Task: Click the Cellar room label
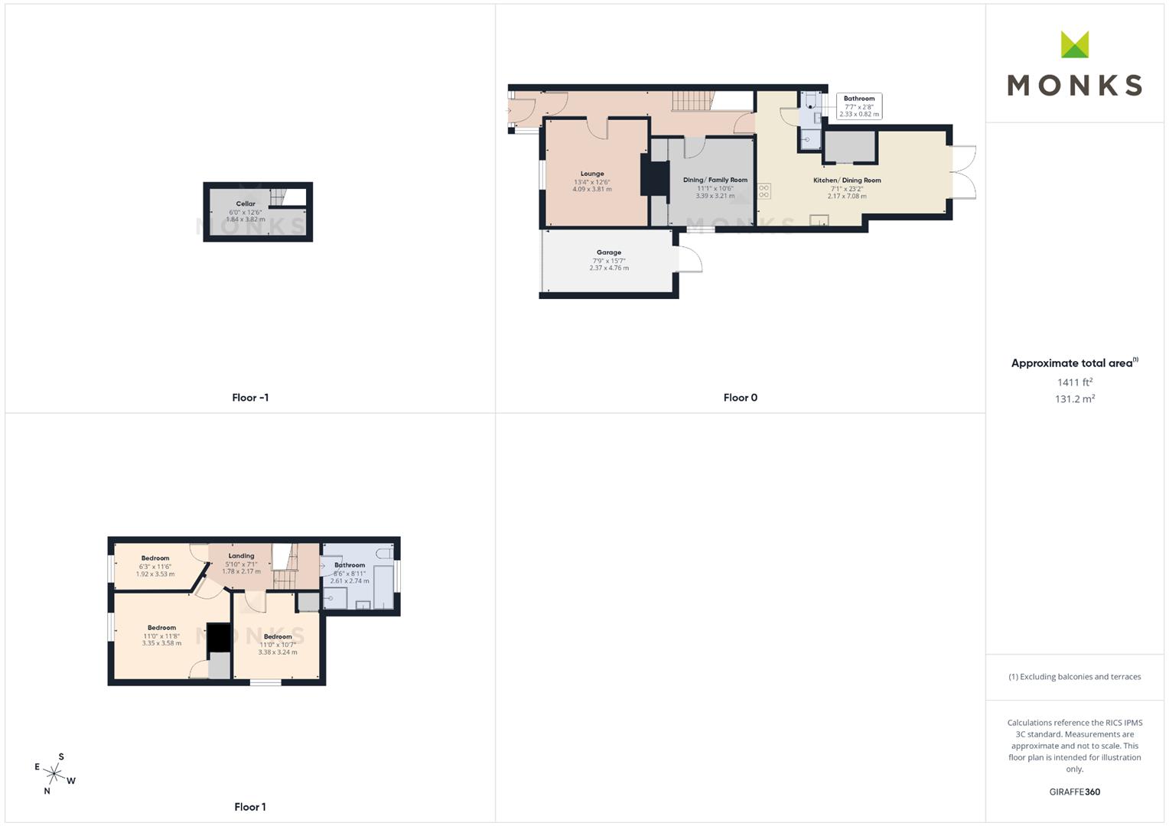click(246, 204)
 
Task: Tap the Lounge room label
click(592, 174)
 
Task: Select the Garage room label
click(609, 252)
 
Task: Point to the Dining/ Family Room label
click(715, 180)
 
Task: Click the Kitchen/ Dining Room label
click(847, 180)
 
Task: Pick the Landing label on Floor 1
click(241, 556)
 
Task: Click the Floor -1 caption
click(250, 398)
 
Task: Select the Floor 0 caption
click(740, 398)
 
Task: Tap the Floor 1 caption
click(250, 807)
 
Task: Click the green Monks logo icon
click(1074, 44)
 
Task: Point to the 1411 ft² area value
click(1074, 382)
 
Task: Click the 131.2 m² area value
click(1074, 398)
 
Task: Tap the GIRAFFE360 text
click(1074, 792)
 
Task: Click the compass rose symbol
click(54, 773)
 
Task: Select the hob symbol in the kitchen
click(764, 191)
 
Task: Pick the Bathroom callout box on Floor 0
click(859, 106)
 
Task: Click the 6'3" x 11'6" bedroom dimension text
click(155, 567)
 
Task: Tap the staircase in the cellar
click(277, 197)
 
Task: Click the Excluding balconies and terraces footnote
click(1074, 677)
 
